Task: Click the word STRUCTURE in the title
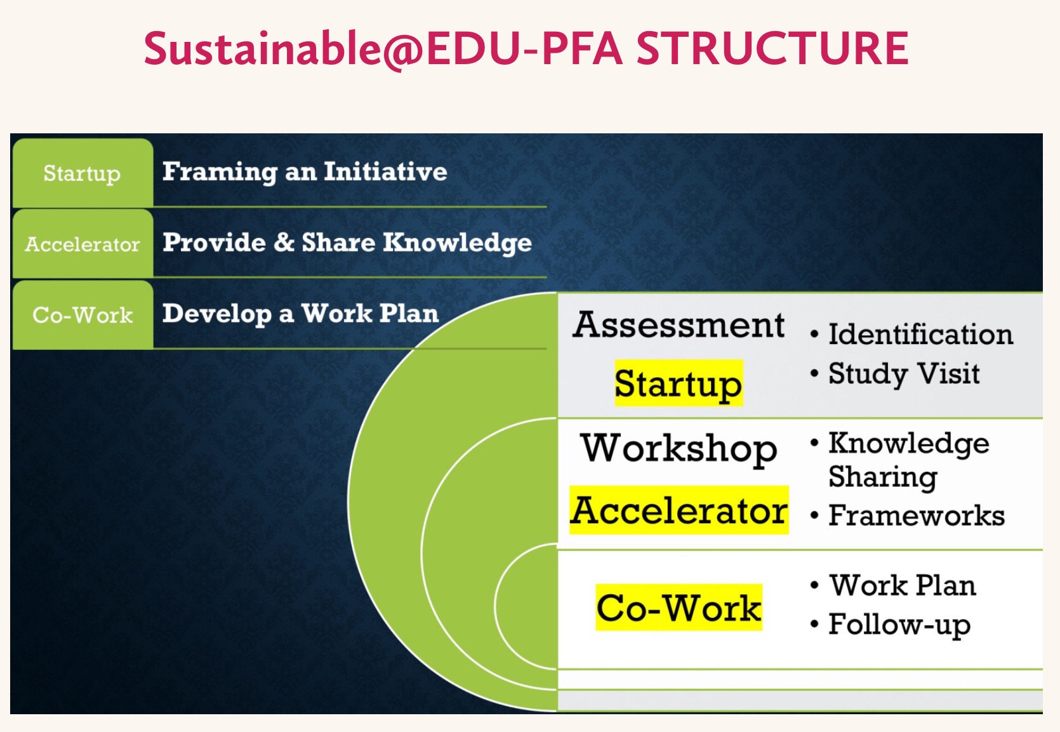coord(772,48)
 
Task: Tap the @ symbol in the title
coord(402,50)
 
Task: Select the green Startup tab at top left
coord(83,173)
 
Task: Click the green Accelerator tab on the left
coord(83,244)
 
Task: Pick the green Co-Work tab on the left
coord(83,315)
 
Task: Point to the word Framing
coord(220,172)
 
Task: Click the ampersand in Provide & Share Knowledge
coord(284,242)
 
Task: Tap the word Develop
coord(216,314)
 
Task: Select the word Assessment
coord(679,325)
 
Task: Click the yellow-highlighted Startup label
coord(678,383)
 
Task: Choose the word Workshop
coord(679,448)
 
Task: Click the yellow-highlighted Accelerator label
coord(679,510)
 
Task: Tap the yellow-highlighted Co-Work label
coord(679,608)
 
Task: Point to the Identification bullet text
coord(920,335)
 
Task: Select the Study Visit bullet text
coord(904,373)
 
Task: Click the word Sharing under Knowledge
coord(883,477)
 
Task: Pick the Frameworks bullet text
coord(917,516)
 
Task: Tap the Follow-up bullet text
coord(899,624)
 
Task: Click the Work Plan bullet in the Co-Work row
coord(903,585)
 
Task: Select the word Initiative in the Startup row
coord(385,171)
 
